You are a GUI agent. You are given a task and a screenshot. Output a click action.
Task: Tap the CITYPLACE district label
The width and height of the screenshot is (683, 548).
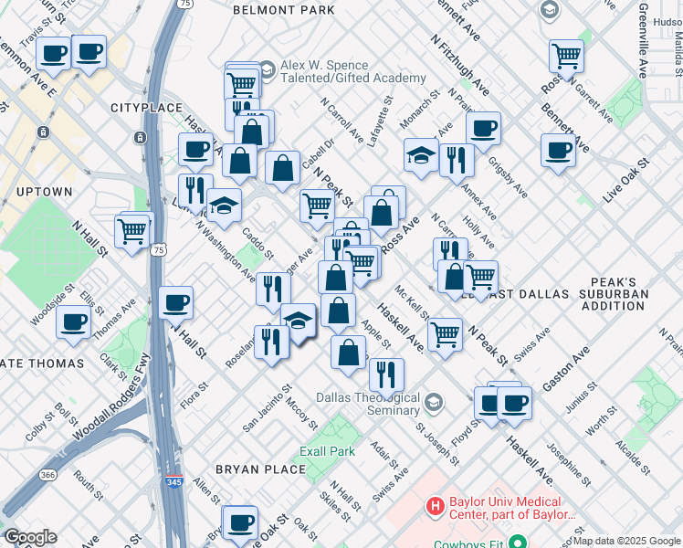click(x=142, y=108)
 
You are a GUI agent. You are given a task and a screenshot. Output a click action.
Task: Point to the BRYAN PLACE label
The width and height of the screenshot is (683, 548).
click(x=260, y=469)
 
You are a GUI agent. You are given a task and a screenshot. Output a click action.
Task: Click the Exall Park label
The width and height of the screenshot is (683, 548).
click(x=327, y=451)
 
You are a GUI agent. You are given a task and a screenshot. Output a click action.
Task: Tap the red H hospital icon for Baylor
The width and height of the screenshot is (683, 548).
click(x=436, y=504)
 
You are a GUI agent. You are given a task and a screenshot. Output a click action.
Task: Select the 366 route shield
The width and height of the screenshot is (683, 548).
click(x=47, y=475)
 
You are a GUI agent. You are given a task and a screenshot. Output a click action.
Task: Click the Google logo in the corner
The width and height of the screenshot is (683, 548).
click(x=29, y=537)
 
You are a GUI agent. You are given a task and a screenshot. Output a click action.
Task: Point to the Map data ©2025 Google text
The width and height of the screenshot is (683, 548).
click(x=625, y=541)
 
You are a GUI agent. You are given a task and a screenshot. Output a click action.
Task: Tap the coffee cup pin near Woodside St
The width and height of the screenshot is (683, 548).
click(x=73, y=321)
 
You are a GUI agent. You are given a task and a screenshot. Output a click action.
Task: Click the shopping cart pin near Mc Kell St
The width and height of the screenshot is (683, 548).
click(x=445, y=333)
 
